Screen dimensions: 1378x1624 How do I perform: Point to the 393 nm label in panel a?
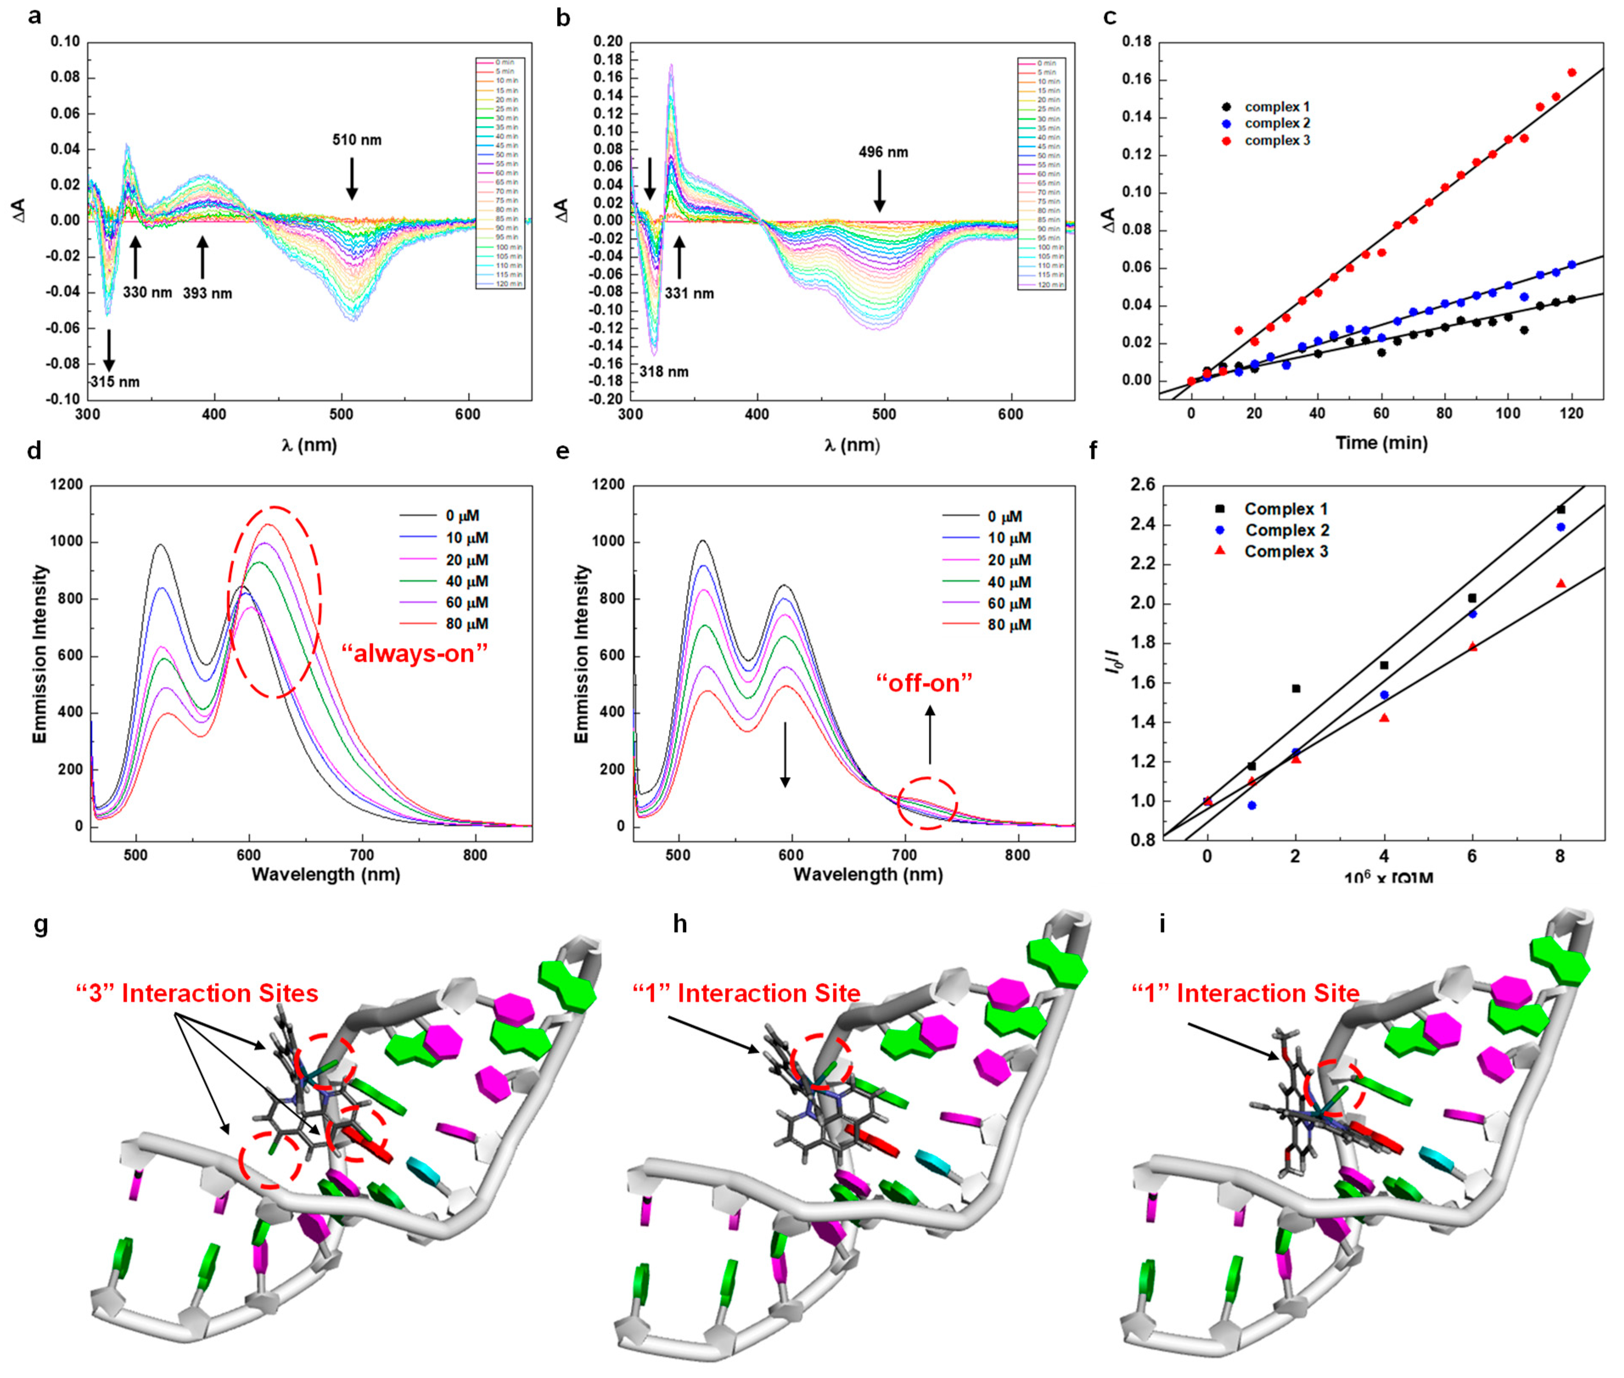point(207,294)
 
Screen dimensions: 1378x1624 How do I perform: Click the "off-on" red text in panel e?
point(924,684)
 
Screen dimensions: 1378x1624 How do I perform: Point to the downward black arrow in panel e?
point(785,754)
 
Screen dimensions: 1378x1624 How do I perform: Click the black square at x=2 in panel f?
point(1296,688)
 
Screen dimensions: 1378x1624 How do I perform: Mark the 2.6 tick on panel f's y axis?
point(1143,485)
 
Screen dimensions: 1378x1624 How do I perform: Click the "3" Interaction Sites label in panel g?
point(197,994)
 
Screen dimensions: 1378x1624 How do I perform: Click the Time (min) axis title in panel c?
point(1381,443)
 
